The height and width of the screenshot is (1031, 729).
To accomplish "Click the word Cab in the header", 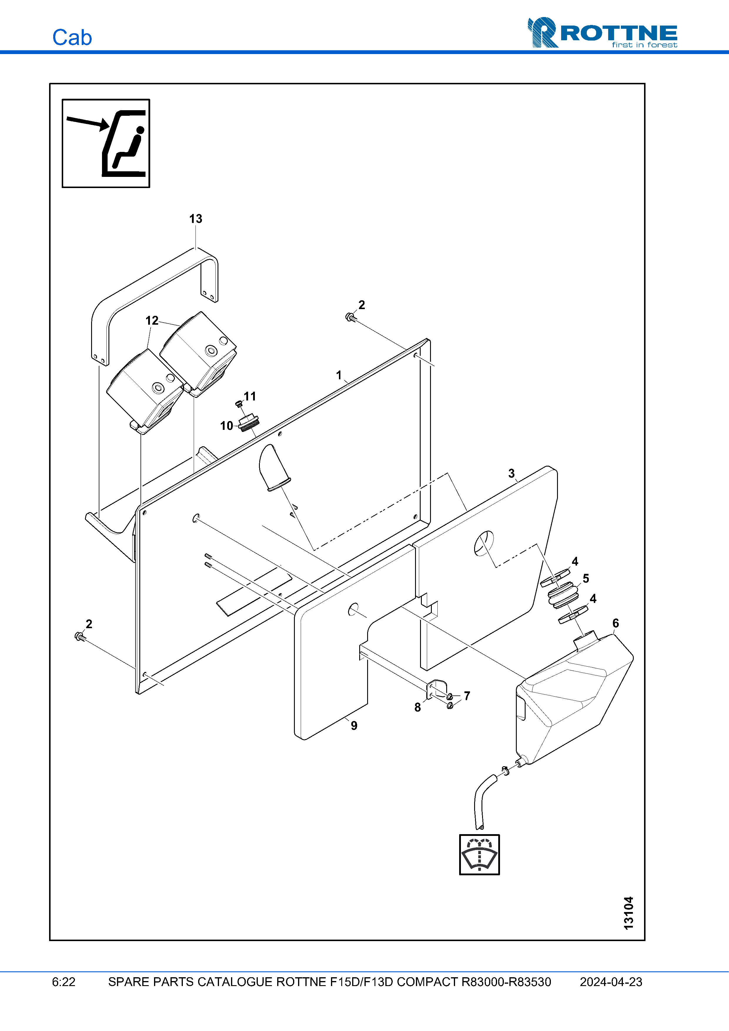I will (72, 38).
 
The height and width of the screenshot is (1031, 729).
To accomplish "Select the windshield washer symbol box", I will (479, 854).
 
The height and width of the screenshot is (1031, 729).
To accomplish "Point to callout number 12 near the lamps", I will (152, 320).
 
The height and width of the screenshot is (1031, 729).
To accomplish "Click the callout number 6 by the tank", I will (615, 623).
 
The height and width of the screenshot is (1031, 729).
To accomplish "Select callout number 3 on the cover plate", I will (511, 473).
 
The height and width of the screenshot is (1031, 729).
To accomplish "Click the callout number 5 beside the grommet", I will (586, 578).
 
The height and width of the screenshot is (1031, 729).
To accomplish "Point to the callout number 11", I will (250, 396).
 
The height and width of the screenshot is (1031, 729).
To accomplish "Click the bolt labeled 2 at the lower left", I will (79, 636).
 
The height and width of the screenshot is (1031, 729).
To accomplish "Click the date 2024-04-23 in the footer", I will (611, 982).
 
